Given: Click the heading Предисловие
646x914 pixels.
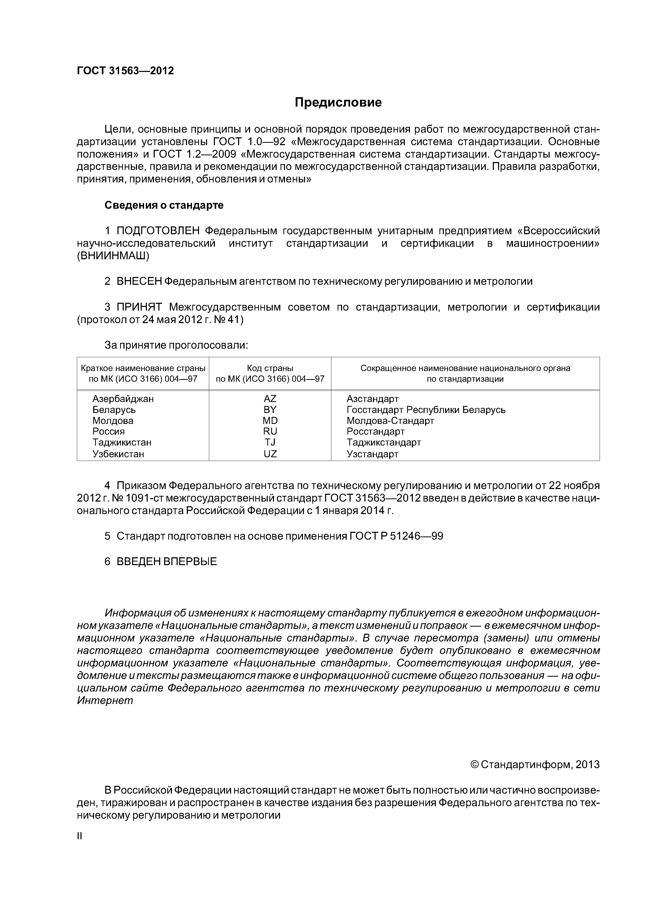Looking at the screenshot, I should pos(338,103).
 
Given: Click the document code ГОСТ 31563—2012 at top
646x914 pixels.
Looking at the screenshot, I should pos(125,71).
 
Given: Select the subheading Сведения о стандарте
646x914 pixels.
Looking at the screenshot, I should pos(164,205).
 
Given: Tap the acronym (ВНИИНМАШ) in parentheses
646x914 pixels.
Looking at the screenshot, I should pos(113,256).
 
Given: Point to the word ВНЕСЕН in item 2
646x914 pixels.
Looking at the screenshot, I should pos(139,281).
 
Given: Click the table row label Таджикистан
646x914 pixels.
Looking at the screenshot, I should pos(122,443).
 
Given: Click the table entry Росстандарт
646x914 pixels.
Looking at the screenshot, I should pos(375,431).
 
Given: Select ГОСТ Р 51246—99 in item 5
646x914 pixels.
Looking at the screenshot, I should pos(396,536).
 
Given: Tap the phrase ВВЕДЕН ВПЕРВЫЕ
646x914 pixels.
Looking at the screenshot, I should pos(166,562).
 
